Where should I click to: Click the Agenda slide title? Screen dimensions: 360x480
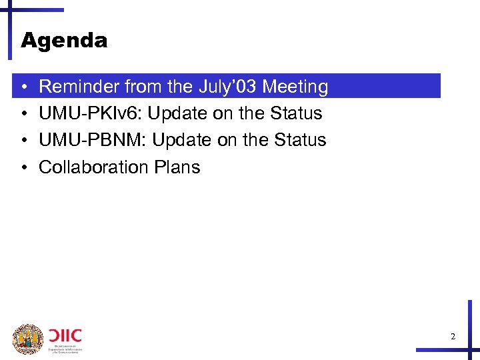point(64,41)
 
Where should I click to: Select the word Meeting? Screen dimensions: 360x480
point(295,87)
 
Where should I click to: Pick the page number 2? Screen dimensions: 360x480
point(453,337)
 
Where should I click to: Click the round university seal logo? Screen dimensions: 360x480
point(28,339)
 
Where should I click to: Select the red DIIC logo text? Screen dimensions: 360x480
point(65,334)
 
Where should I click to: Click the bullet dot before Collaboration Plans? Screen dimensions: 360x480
point(23,167)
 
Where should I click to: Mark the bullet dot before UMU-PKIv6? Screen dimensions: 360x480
point(23,114)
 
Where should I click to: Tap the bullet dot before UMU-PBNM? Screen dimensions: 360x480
point(23,141)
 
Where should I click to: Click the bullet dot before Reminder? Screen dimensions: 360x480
point(23,87)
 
